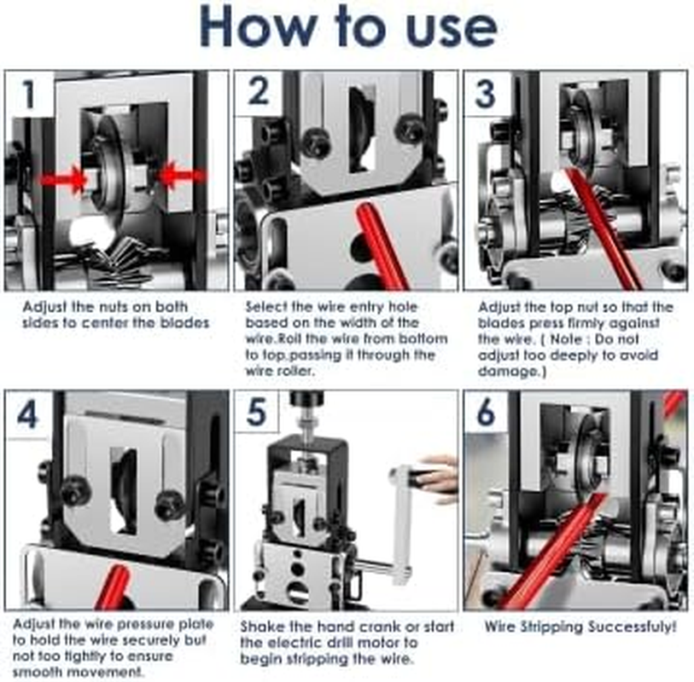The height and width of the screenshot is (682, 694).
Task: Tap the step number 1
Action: pyautogui.click(x=29, y=94)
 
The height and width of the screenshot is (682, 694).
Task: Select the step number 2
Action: pyautogui.click(x=259, y=92)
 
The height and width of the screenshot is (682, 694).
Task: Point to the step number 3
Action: pyautogui.click(x=486, y=94)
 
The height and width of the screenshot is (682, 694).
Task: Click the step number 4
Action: pyautogui.click(x=27, y=414)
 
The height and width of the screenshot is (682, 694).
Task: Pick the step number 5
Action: pyautogui.click(x=257, y=412)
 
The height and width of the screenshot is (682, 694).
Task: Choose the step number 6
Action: pyautogui.click(x=486, y=412)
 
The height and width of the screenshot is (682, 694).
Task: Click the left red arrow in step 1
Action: pyautogui.click(x=62, y=179)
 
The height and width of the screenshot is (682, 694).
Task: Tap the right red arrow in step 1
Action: pyautogui.click(x=182, y=176)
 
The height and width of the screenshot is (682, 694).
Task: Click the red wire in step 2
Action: pyautogui.click(x=382, y=246)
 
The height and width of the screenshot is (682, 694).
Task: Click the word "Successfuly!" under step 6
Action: pyautogui.click(x=627, y=627)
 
